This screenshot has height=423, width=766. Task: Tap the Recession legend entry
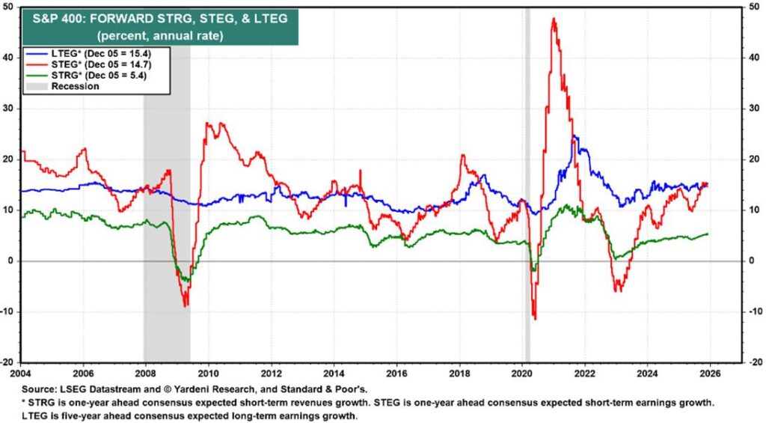pyautogui.click(x=75, y=86)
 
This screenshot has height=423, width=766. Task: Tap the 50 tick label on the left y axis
pyautogui.click(x=11, y=7)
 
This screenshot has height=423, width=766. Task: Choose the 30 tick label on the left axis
pyautogui.click(x=11, y=109)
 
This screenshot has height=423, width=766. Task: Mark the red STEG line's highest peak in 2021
pyautogui.click(x=554, y=19)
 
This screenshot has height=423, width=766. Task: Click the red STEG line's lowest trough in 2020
pyautogui.click(x=535, y=319)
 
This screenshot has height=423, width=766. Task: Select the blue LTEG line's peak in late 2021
pyautogui.click(x=574, y=137)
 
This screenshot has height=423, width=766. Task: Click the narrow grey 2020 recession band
pyautogui.click(x=527, y=187)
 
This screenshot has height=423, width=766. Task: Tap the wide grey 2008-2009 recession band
pyautogui.click(x=167, y=187)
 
